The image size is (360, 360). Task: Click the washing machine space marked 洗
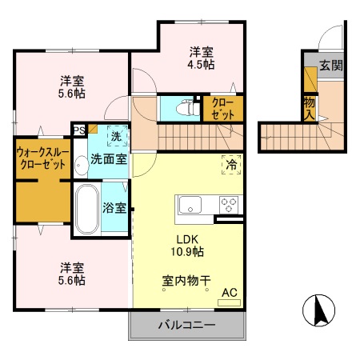coord(117,137)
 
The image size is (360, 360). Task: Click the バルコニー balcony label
coord(186,326)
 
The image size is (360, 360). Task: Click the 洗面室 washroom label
coord(108,158)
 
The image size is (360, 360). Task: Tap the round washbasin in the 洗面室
coord(81,166)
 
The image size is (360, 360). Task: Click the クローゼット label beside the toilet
coord(222,108)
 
